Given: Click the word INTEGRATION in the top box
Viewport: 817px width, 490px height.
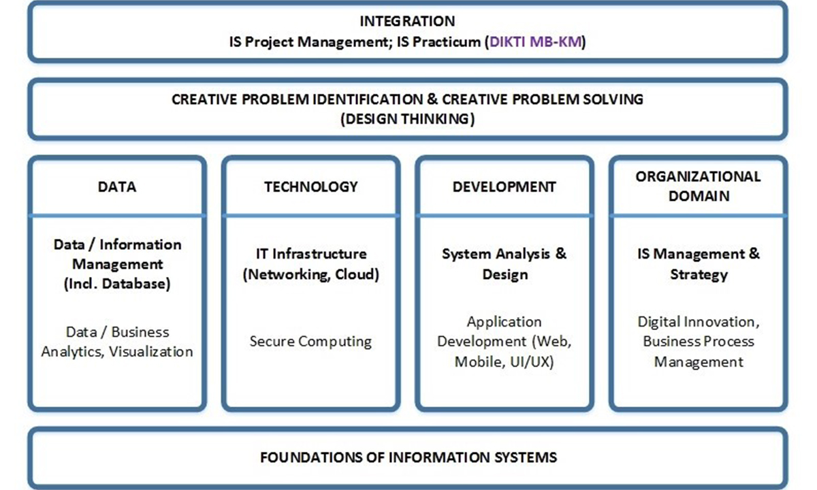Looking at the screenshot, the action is click(407, 21).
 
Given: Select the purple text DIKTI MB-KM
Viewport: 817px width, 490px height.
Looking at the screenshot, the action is click(535, 42).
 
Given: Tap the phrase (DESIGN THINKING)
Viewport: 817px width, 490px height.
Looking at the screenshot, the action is click(407, 119).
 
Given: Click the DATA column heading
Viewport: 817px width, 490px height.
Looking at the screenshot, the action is click(117, 186).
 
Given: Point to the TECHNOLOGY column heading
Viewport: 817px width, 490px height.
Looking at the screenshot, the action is click(311, 186).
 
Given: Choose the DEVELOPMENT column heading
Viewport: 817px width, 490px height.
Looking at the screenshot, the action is click(504, 186).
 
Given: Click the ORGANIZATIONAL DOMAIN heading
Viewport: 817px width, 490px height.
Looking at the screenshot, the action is click(699, 186).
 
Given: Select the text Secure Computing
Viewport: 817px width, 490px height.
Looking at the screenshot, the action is click(310, 342).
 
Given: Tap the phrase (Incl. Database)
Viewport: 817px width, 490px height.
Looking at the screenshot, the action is click(117, 284).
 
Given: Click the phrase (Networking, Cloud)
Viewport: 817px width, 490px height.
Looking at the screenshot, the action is click(311, 274).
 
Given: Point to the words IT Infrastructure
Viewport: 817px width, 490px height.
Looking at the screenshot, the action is click(311, 254).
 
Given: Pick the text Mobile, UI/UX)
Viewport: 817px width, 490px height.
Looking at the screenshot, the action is click(504, 362).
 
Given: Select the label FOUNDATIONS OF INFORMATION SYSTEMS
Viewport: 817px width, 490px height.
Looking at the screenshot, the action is click(408, 457).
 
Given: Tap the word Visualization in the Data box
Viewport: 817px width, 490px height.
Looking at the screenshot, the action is click(151, 352).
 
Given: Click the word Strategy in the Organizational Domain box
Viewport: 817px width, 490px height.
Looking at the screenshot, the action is click(699, 275).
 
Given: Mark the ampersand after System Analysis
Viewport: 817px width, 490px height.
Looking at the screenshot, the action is click(561, 254).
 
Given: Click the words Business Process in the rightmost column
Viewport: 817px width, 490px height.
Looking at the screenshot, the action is click(699, 342).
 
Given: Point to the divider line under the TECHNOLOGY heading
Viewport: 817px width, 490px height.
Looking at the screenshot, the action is click(311, 216).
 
